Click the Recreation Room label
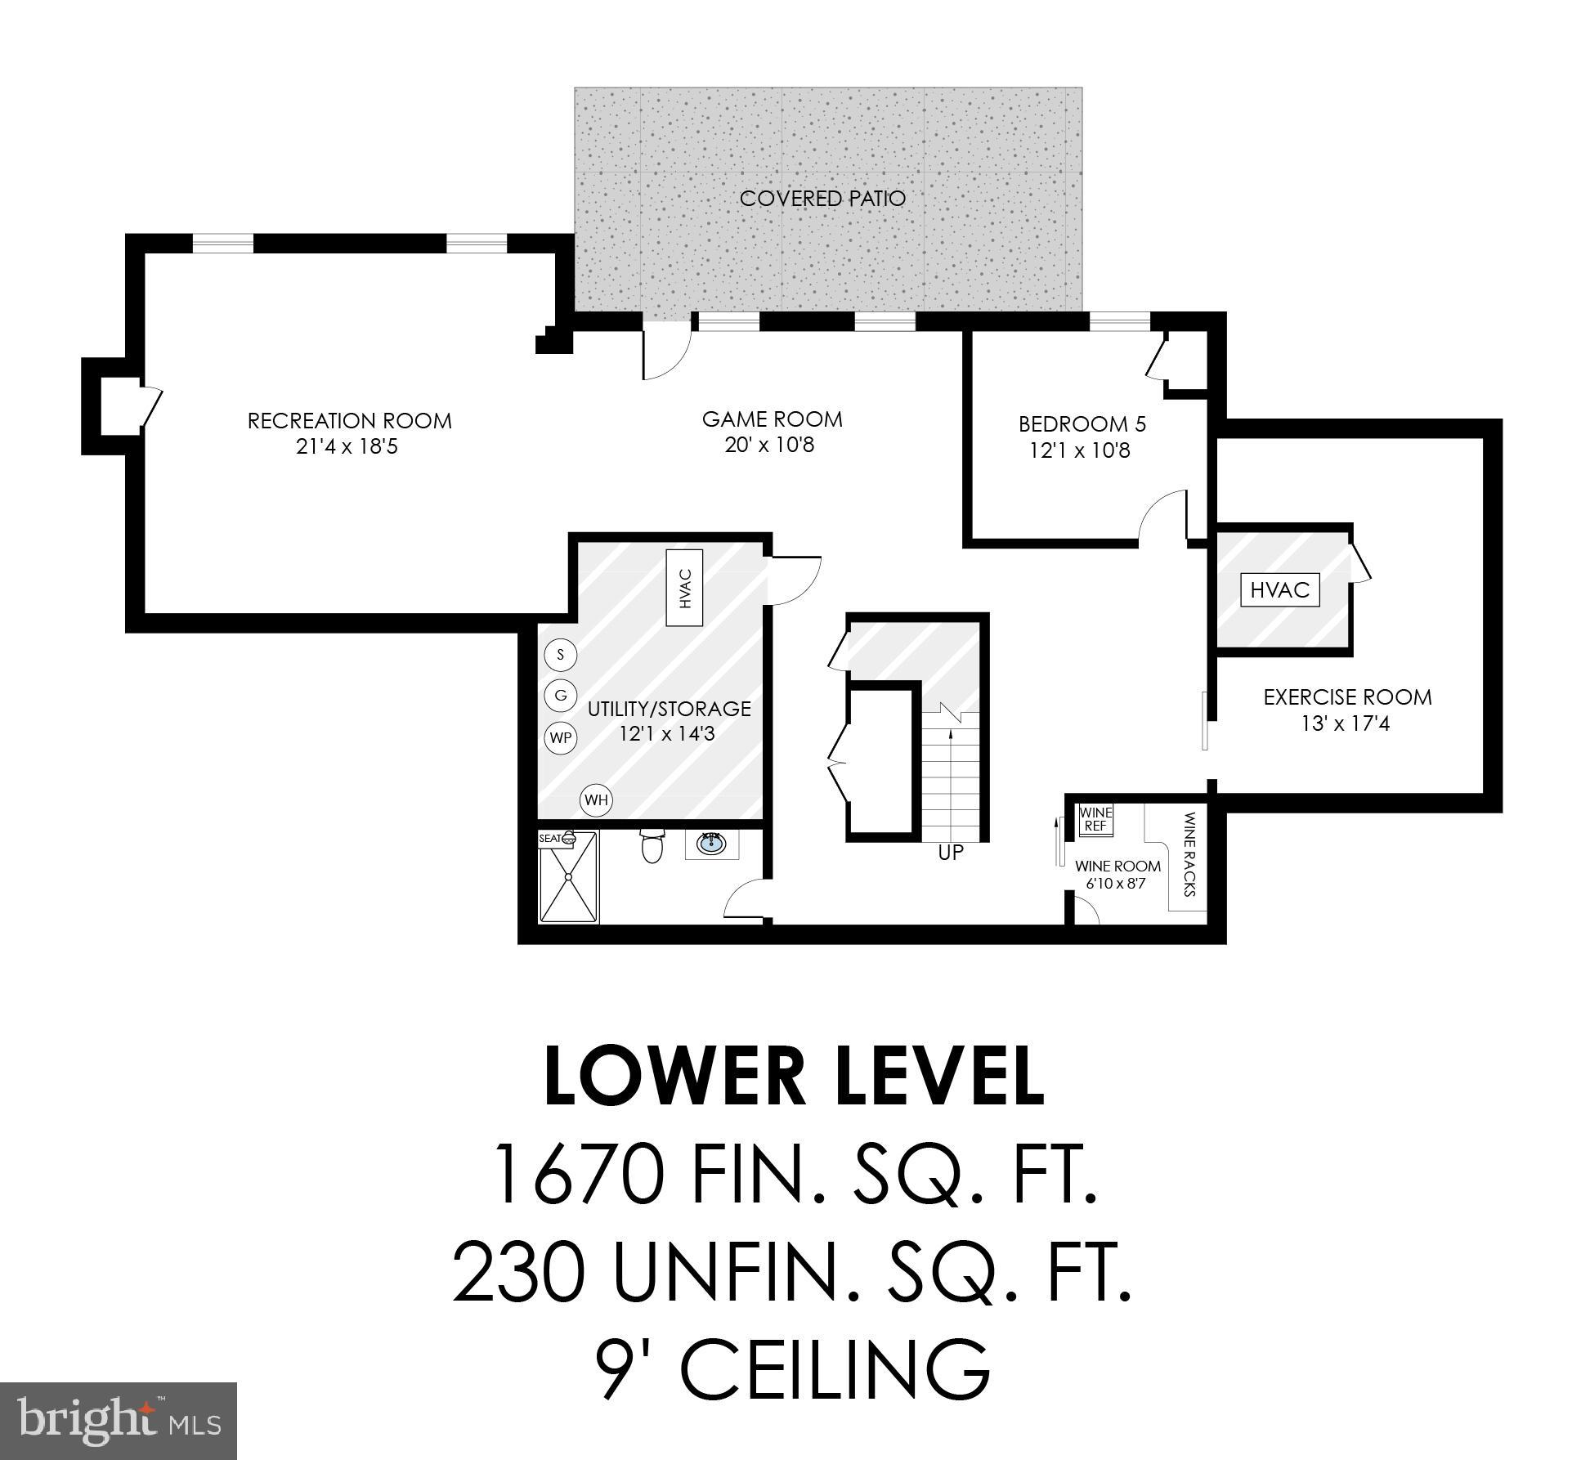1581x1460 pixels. tap(349, 421)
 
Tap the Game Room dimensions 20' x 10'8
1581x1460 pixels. tap(769, 446)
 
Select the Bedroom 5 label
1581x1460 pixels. tap(1082, 424)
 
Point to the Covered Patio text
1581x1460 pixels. tap(822, 199)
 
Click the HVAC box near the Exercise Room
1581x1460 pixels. tap(1279, 589)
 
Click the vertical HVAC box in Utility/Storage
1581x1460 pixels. tap(685, 588)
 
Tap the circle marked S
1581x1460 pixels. tap(560, 655)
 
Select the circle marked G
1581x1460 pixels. tap(560, 696)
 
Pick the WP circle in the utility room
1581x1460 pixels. tap(560, 738)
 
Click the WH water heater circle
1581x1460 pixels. tap(596, 800)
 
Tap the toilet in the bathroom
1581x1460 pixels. tap(652, 847)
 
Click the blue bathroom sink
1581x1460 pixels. tap(711, 842)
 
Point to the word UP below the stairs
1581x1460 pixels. tap(951, 853)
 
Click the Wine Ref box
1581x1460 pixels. tap(1095, 819)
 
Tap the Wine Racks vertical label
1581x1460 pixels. tap(1189, 854)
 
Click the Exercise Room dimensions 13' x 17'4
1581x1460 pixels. tap(1346, 723)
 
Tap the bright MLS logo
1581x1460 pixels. tap(119, 1420)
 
